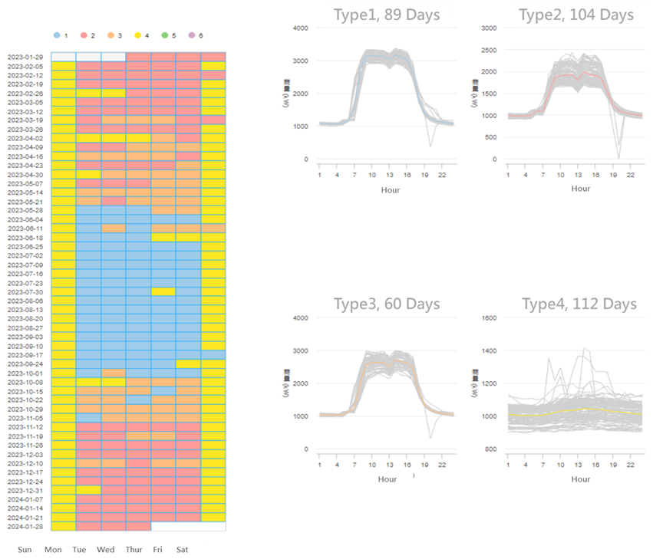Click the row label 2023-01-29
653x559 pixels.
click(x=25, y=58)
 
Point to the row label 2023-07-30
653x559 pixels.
click(x=25, y=291)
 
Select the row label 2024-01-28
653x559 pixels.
click(x=25, y=527)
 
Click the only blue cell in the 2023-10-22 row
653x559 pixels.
click(x=138, y=400)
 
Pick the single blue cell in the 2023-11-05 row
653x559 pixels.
click(x=88, y=418)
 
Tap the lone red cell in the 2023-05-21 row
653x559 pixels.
click(x=114, y=201)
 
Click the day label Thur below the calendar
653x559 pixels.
click(x=134, y=550)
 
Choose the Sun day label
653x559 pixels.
click(x=25, y=550)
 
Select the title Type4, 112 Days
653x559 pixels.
click(x=579, y=304)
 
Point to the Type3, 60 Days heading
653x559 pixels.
click(x=387, y=304)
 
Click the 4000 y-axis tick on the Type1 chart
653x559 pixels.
click(x=300, y=28)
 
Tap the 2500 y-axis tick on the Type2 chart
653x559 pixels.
click(x=488, y=50)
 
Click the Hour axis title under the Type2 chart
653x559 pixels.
click(x=581, y=189)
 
